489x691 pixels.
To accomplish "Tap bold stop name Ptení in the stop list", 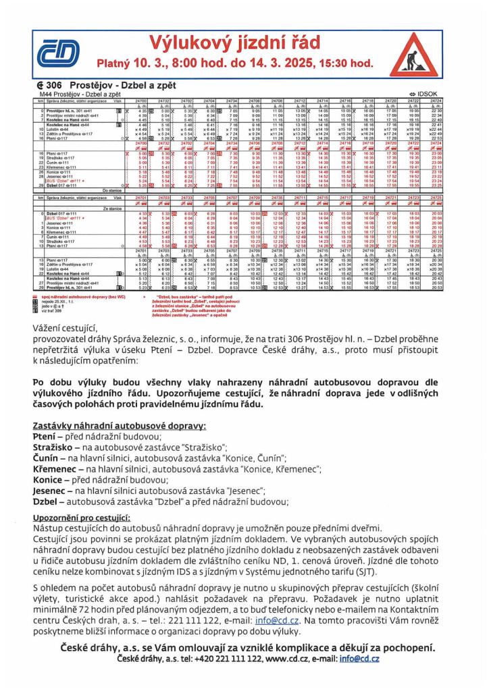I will pyautogui.click(x=45, y=438).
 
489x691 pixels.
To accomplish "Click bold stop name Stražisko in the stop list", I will pyautogui.click(x=53, y=448).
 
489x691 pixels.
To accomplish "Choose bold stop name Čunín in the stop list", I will pyautogui.click(x=45, y=459).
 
